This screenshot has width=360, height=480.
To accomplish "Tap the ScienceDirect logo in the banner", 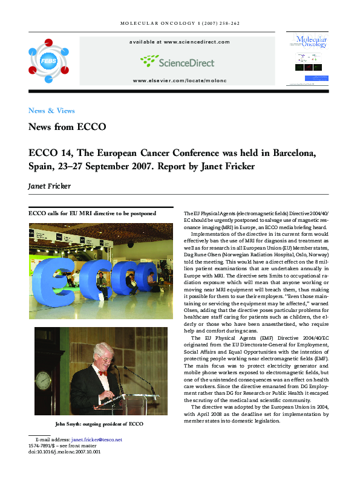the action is point(178,60).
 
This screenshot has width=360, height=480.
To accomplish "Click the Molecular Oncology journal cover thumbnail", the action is point(310,59).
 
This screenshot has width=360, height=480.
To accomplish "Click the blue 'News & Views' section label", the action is point(51,111).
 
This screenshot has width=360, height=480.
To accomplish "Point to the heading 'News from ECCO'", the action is point(67,128).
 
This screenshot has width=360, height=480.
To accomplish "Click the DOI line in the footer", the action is point(64,452).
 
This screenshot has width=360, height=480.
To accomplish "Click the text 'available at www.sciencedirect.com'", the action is point(179,42).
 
